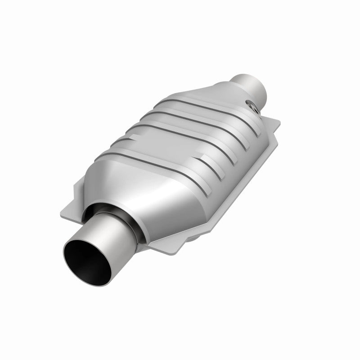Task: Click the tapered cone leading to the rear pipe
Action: coord(225,94)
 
